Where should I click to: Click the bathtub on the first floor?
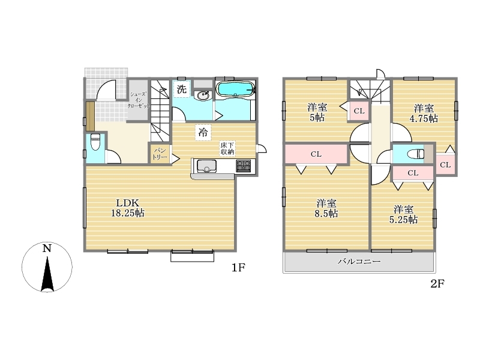pyautogui.click(x=235, y=89)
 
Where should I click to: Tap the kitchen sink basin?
pyautogui.click(x=206, y=166)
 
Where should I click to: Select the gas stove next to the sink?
pyautogui.click(x=243, y=166)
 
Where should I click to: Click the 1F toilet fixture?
pyautogui.click(x=95, y=142)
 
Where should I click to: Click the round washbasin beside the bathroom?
pyautogui.click(x=203, y=95)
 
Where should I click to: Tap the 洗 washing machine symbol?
pyautogui.click(x=182, y=89)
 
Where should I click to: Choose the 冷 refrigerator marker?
pyautogui.click(x=203, y=133)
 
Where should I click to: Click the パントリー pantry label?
pyautogui.click(x=160, y=154)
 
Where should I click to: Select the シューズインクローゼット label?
pyautogui.click(x=139, y=100)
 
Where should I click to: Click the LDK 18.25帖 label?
pyautogui.click(x=128, y=208)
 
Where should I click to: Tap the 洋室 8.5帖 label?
pyautogui.click(x=326, y=208)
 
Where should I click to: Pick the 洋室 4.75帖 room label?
pyautogui.click(x=424, y=113)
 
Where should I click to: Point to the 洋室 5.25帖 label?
pyautogui.click(x=403, y=215)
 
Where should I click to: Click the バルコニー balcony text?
pyautogui.click(x=359, y=262)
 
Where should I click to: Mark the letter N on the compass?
pyautogui.click(x=47, y=248)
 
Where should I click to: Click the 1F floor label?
pyautogui.click(x=238, y=268)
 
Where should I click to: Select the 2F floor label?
pyautogui.click(x=437, y=284)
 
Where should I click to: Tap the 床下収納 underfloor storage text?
pyautogui.click(x=227, y=148)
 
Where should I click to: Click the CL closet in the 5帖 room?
pyautogui.click(x=359, y=111)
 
